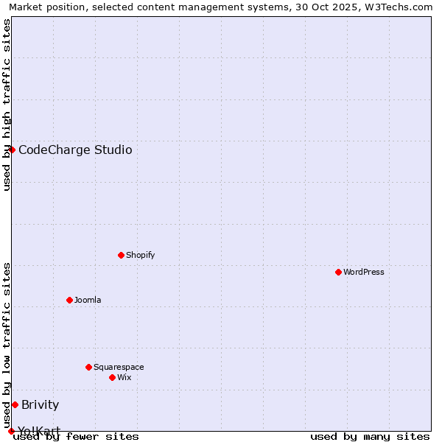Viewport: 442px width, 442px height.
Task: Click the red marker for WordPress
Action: pyautogui.click(x=338, y=272)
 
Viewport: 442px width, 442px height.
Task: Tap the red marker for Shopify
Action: pyautogui.click(x=121, y=255)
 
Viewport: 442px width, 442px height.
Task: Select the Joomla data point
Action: pyautogui.click(x=69, y=300)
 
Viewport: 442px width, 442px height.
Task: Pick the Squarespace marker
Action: pyautogui.click(x=88, y=367)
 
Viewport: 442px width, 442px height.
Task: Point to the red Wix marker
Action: pyautogui.click(x=112, y=377)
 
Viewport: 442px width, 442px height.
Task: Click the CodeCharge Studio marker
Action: pyautogui.click(x=12, y=150)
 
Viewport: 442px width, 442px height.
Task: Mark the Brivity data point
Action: pyautogui.click(x=15, y=404)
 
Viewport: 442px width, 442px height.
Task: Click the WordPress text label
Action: pyautogui.click(x=364, y=272)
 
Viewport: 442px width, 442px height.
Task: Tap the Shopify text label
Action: pyautogui.click(x=141, y=255)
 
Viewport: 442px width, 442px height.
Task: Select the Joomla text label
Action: pyautogui.click(x=88, y=300)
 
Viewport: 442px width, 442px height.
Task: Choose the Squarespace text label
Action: pyautogui.click(x=119, y=367)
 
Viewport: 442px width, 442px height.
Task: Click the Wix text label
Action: pyautogui.click(x=124, y=377)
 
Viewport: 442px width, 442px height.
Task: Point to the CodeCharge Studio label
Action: pyautogui.click(x=75, y=150)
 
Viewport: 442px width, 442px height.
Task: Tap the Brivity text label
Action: pyautogui.click(x=41, y=405)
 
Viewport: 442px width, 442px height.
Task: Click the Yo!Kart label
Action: pyautogui.click(x=39, y=430)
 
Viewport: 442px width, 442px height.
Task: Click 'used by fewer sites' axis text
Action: pyautogui.click(x=76, y=436)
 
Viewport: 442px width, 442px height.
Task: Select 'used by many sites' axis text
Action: pyautogui.click(x=370, y=436)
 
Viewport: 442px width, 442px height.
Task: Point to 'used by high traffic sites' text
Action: pyautogui.click(x=7, y=105)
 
